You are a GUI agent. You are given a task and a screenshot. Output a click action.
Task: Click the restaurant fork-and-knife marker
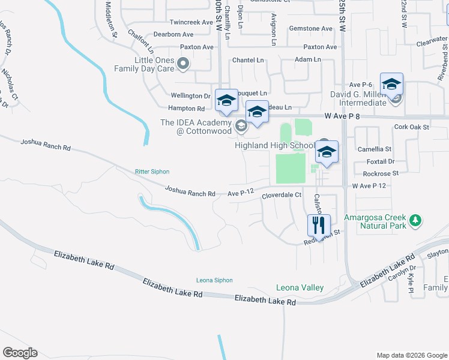[319, 225]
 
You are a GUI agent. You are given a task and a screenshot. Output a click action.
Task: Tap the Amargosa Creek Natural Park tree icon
[415, 221]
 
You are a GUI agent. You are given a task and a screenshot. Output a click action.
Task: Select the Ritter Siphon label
[152, 172]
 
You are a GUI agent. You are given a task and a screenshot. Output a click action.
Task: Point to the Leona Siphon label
[214, 280]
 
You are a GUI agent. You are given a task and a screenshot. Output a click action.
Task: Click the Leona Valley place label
[300, 287]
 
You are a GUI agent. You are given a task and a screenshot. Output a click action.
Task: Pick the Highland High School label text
[274, 145]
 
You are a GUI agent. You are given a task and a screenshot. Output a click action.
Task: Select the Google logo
[20, 353]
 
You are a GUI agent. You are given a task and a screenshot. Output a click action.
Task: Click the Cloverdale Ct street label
[281, 196]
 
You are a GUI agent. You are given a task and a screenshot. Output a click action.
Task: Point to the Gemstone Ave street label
[310, 29]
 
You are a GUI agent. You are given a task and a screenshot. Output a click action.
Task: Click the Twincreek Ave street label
[191, 22]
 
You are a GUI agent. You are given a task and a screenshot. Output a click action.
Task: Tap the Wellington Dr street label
[190, 95]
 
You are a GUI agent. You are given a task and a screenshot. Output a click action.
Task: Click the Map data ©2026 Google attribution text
[411, 355]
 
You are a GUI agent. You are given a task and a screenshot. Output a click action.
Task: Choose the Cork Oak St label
[411, 127]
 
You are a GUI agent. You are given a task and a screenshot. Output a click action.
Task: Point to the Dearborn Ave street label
[175, 35]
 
